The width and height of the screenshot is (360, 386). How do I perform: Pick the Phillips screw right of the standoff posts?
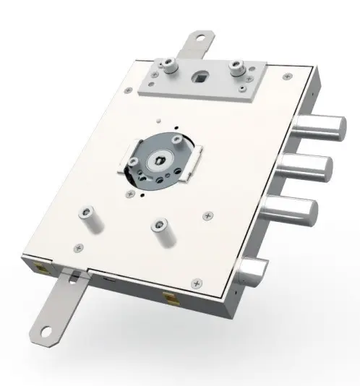(x=209, y=214)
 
